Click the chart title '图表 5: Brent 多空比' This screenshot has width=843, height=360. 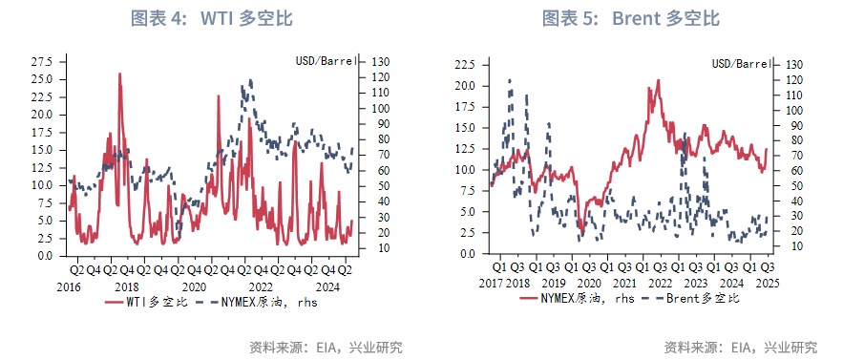631,19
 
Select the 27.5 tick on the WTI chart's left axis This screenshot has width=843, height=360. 43,61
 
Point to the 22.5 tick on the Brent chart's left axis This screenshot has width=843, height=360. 464,64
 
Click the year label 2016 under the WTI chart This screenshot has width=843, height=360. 69,286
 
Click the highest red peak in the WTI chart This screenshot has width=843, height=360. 119,74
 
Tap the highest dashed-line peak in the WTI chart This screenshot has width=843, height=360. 249,81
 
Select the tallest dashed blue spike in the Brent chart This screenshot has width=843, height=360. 510,80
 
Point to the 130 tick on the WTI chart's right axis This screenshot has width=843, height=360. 374,61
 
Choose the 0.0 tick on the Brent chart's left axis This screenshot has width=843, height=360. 467,254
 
